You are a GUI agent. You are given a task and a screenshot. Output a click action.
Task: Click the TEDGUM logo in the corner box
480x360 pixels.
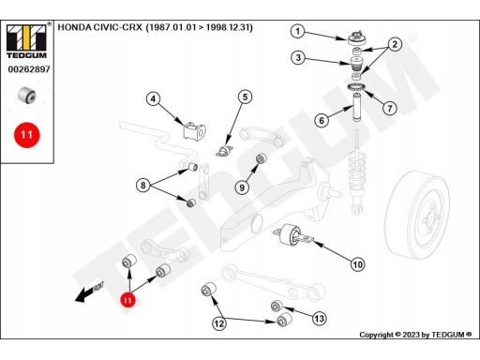point(26,41)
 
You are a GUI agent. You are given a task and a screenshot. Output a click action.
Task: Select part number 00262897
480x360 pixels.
point(29,69)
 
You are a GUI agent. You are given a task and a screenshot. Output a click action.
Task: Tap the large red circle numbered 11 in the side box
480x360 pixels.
point(27,135)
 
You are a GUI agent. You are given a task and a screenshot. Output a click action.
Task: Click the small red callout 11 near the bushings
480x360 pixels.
point(127,300)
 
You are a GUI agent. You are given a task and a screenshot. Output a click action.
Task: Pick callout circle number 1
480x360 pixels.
point(298,31)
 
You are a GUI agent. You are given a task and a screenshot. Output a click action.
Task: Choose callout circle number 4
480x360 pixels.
point(153,99)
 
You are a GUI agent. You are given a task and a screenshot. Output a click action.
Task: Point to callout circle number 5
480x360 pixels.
point(245,97)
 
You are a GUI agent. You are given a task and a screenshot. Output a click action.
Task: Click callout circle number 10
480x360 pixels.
point(358,264)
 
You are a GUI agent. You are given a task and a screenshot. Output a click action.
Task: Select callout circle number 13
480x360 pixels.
point(319,319)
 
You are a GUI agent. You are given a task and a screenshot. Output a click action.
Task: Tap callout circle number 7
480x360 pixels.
point(390,109)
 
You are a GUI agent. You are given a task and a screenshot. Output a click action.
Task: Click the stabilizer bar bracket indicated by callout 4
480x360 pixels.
point(194,131)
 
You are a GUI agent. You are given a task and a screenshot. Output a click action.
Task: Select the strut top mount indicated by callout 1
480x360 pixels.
point(357,38)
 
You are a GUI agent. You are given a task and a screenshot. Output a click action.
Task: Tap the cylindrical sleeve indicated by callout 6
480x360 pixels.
point(356,107)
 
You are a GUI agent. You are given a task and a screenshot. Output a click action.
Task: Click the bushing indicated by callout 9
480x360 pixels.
point(262,158)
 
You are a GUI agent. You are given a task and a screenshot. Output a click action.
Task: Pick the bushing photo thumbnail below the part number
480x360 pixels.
point(27,95)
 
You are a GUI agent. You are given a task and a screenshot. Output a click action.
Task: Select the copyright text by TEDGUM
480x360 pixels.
point(415,335)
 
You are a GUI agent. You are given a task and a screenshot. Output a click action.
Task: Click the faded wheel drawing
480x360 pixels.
point(417,215)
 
